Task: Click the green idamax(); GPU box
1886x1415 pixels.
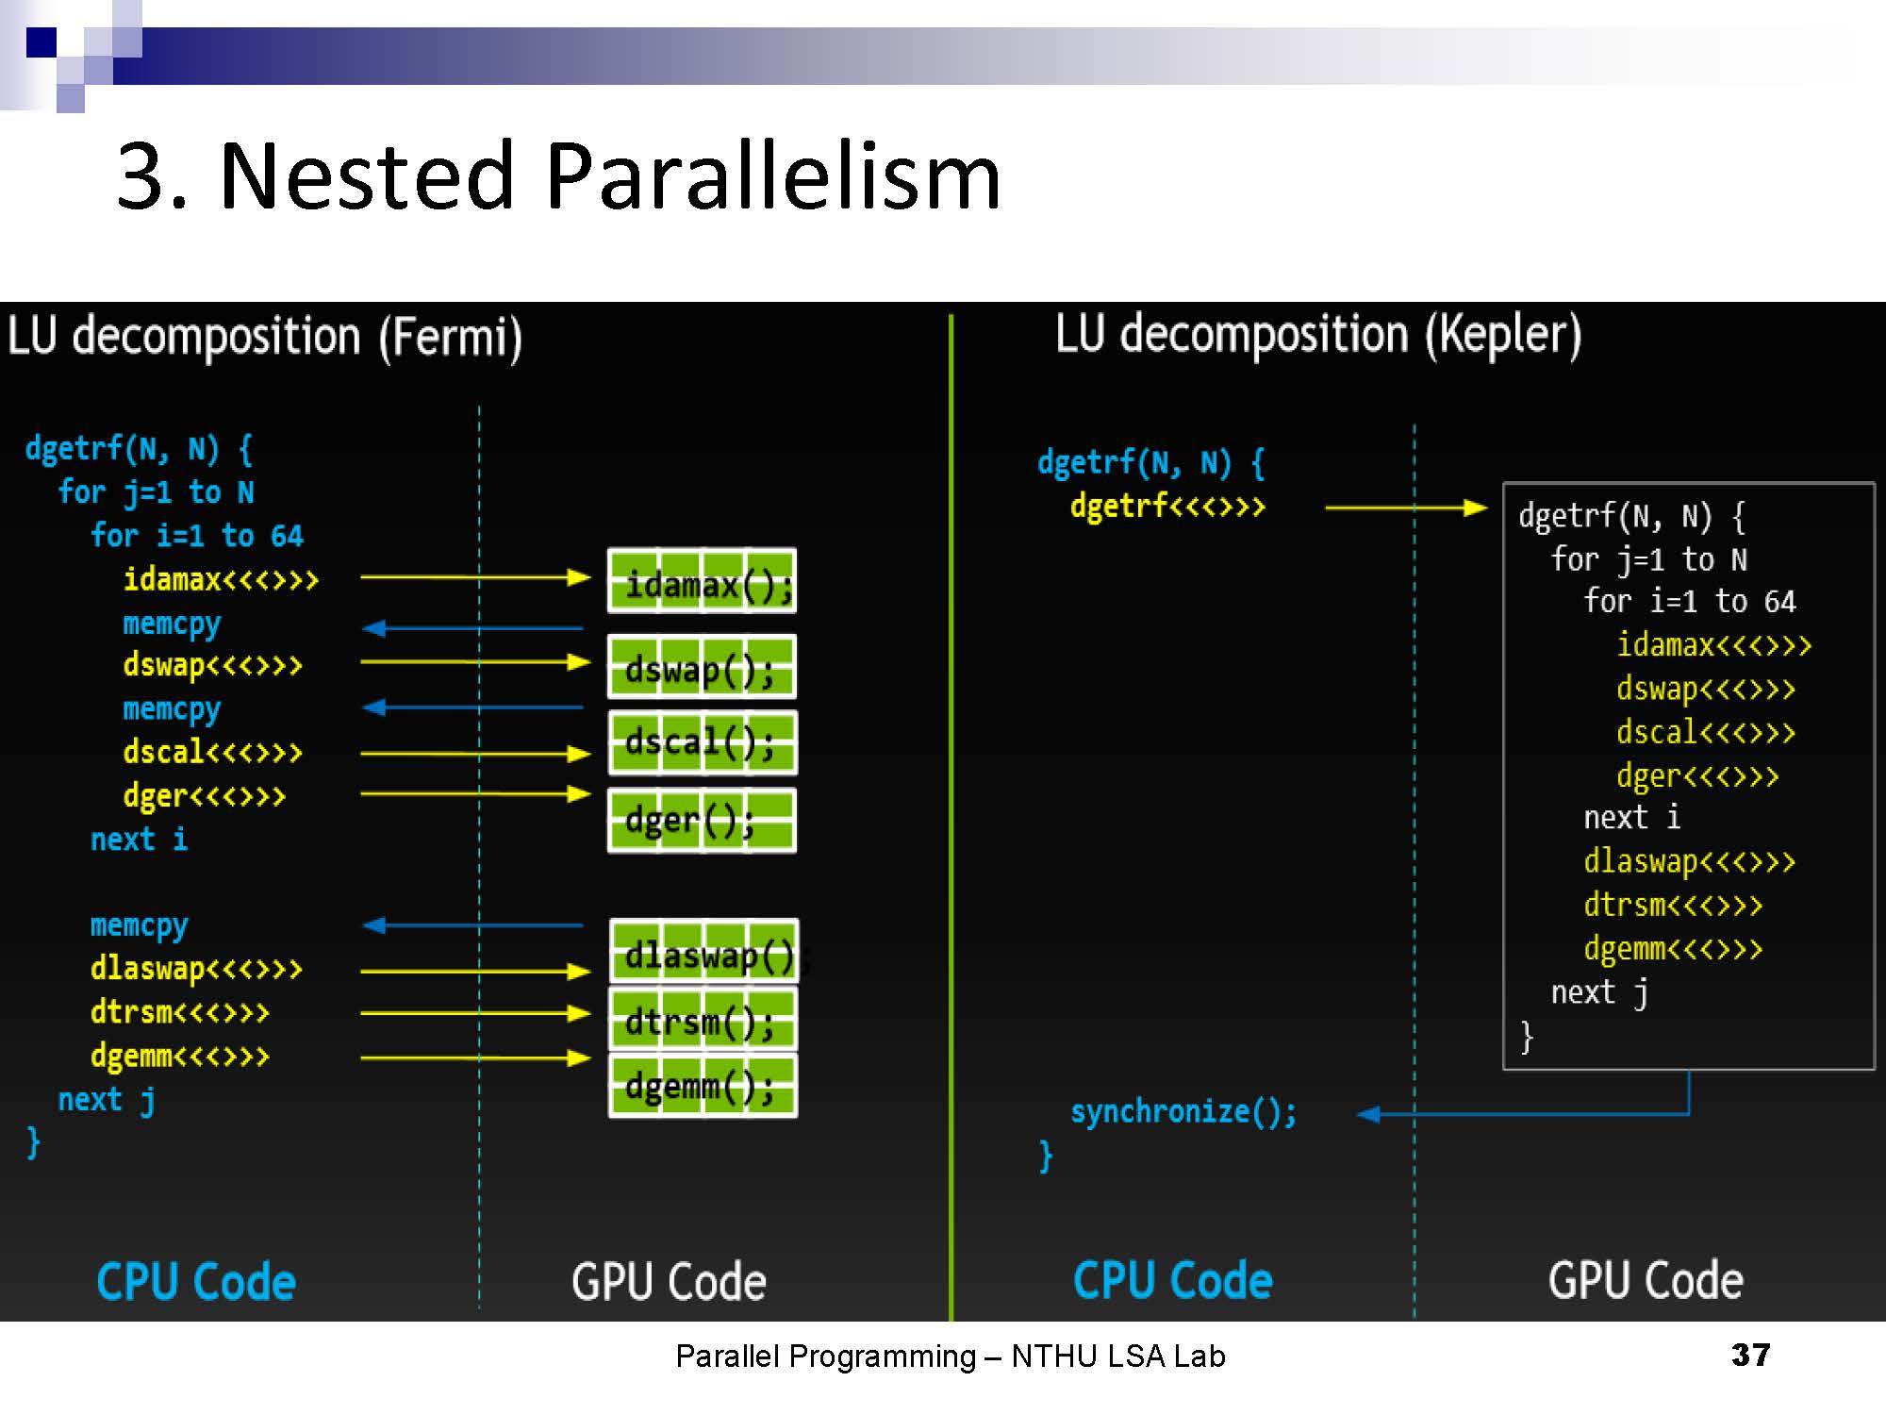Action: tap(703, 581)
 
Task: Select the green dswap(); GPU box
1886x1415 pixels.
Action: tap(703, 667)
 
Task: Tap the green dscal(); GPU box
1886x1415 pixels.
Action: tap(703, 742)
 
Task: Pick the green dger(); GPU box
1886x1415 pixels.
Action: tap(703, 820)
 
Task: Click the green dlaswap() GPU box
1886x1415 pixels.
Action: tap(704, 952)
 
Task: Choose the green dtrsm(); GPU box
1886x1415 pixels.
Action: tap(703, 1019)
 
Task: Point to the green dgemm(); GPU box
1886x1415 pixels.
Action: tap(703, 1086)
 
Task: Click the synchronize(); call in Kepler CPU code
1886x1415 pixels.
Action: tap(1183, 1112)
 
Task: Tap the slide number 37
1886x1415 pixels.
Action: tap(1750, 1355)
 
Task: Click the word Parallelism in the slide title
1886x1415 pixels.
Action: tap(772, 176)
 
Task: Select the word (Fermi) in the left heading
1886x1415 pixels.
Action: tap(451, 338)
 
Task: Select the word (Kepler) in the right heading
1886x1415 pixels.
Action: tap(1503, 335)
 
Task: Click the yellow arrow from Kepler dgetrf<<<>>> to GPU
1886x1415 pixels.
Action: tap(1405, 508)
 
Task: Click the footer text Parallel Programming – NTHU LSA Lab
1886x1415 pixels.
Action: tap(951, 1357)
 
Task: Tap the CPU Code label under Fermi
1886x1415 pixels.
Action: tap(196, 1282)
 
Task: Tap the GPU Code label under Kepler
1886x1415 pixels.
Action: tap(1646, 1280)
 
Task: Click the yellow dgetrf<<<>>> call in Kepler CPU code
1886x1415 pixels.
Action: tap(1167, 507)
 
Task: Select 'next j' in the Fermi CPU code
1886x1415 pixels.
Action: tap(106, 1100)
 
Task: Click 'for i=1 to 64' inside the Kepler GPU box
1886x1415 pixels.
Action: tap(1689, 602)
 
